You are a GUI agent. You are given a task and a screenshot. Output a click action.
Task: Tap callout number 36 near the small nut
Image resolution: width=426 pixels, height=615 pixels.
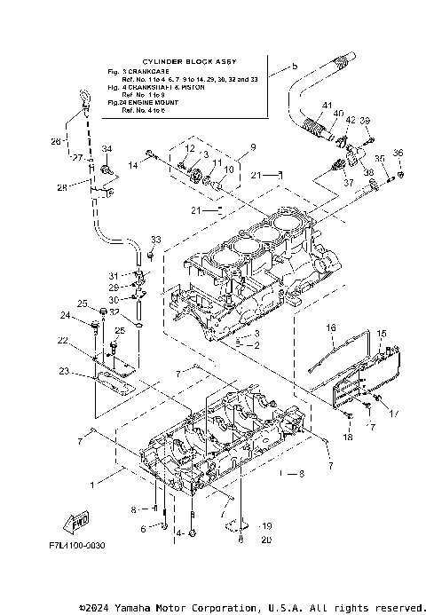point(398,152)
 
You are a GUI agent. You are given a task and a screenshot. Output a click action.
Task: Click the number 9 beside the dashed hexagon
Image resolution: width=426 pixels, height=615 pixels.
point(253,146)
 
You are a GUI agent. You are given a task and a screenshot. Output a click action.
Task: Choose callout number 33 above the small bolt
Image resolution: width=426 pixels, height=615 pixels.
point(156,240)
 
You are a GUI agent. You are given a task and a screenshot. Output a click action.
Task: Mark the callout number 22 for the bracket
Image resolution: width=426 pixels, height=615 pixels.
point(63,340)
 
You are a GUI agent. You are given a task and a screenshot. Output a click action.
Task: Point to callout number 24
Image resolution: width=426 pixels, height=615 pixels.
point(65,315)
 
